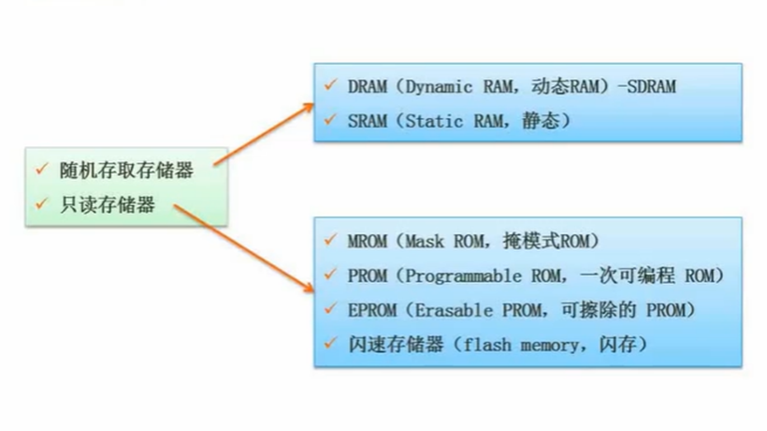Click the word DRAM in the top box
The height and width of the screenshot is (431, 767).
(368, 86)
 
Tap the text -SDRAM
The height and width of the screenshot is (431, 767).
(646, 86)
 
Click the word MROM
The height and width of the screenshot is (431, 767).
(368, 241)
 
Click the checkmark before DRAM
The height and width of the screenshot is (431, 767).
(329, 85)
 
